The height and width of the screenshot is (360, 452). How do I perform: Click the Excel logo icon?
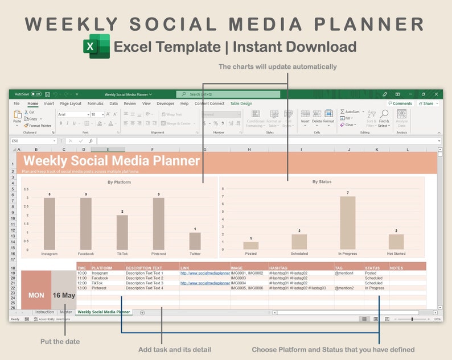click(x=97, y=46)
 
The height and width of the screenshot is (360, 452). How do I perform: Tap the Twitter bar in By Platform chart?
click(x=195, y=241)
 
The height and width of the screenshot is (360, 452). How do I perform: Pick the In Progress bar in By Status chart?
click(x=347, y=223)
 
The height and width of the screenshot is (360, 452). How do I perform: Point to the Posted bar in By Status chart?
click(x=251, y=246)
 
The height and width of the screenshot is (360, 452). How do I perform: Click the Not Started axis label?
click(x=396, y=254)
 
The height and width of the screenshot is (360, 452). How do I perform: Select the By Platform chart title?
click(x=119, y=182)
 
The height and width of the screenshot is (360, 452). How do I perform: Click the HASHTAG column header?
click(x=278, y=268)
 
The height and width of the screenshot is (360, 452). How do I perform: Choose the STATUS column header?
click(x=372, y=268)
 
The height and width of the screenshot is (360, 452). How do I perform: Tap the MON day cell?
click(x=36, y=295)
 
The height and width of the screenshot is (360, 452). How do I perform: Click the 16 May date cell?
click(x=64, y=295)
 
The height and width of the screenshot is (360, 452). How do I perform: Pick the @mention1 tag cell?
click(x=344, y=273)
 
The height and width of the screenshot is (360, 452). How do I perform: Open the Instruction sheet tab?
click(x=44, y=312)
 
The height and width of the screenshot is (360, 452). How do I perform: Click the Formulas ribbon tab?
click(x=95, y=104)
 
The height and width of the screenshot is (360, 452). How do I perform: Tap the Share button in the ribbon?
click(x=428, y=104)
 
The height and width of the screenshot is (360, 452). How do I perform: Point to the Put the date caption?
click(x=60, y=341)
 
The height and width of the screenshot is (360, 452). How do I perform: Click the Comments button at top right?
click(x=400, y=104)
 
